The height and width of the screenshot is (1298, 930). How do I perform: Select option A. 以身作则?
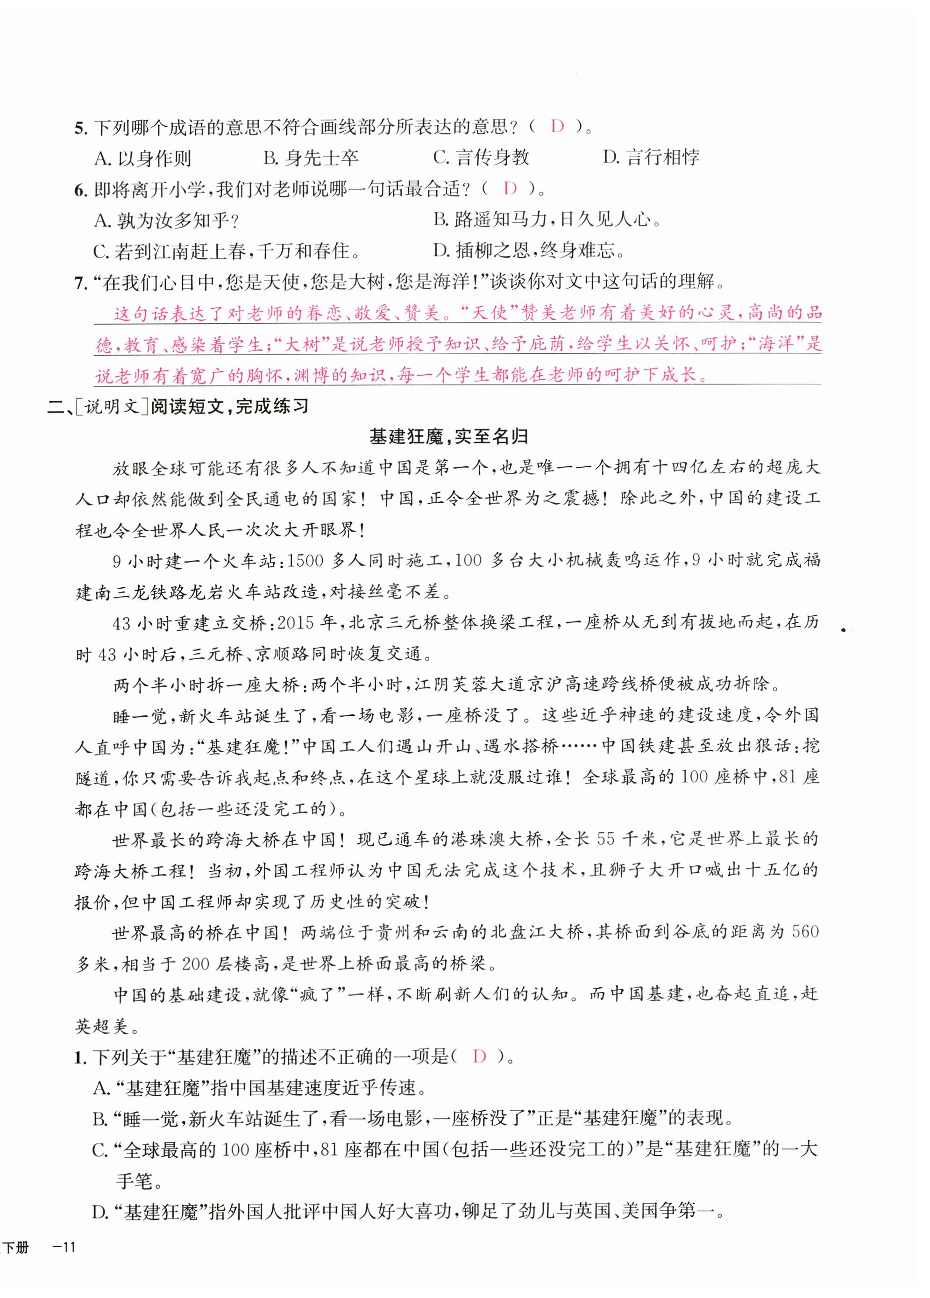142,158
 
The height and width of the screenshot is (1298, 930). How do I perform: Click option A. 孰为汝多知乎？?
166,221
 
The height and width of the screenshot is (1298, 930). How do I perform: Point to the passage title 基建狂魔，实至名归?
448,437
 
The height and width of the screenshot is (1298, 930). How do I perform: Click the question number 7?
81,283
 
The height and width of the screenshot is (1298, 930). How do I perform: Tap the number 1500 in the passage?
305,560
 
